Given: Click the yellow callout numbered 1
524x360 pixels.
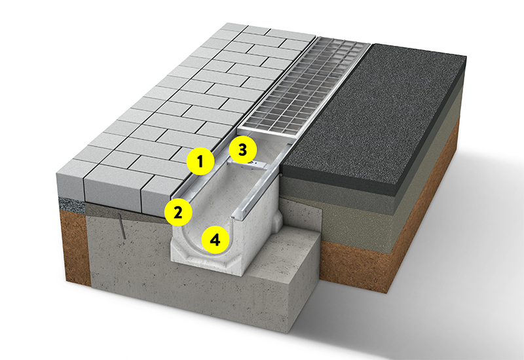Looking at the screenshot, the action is tap(200, 162).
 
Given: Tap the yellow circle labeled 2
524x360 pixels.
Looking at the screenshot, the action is tap(178, 211).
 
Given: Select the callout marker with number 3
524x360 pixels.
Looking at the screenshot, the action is tap(242, 150).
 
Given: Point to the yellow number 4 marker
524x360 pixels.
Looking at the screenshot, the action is tap(215, 239).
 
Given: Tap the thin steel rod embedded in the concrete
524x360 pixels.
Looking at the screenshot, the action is tap(122, 226).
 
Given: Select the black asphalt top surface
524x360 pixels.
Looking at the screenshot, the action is tap(374, 113).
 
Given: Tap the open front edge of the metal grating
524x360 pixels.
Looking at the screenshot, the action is tap(267, 132).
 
